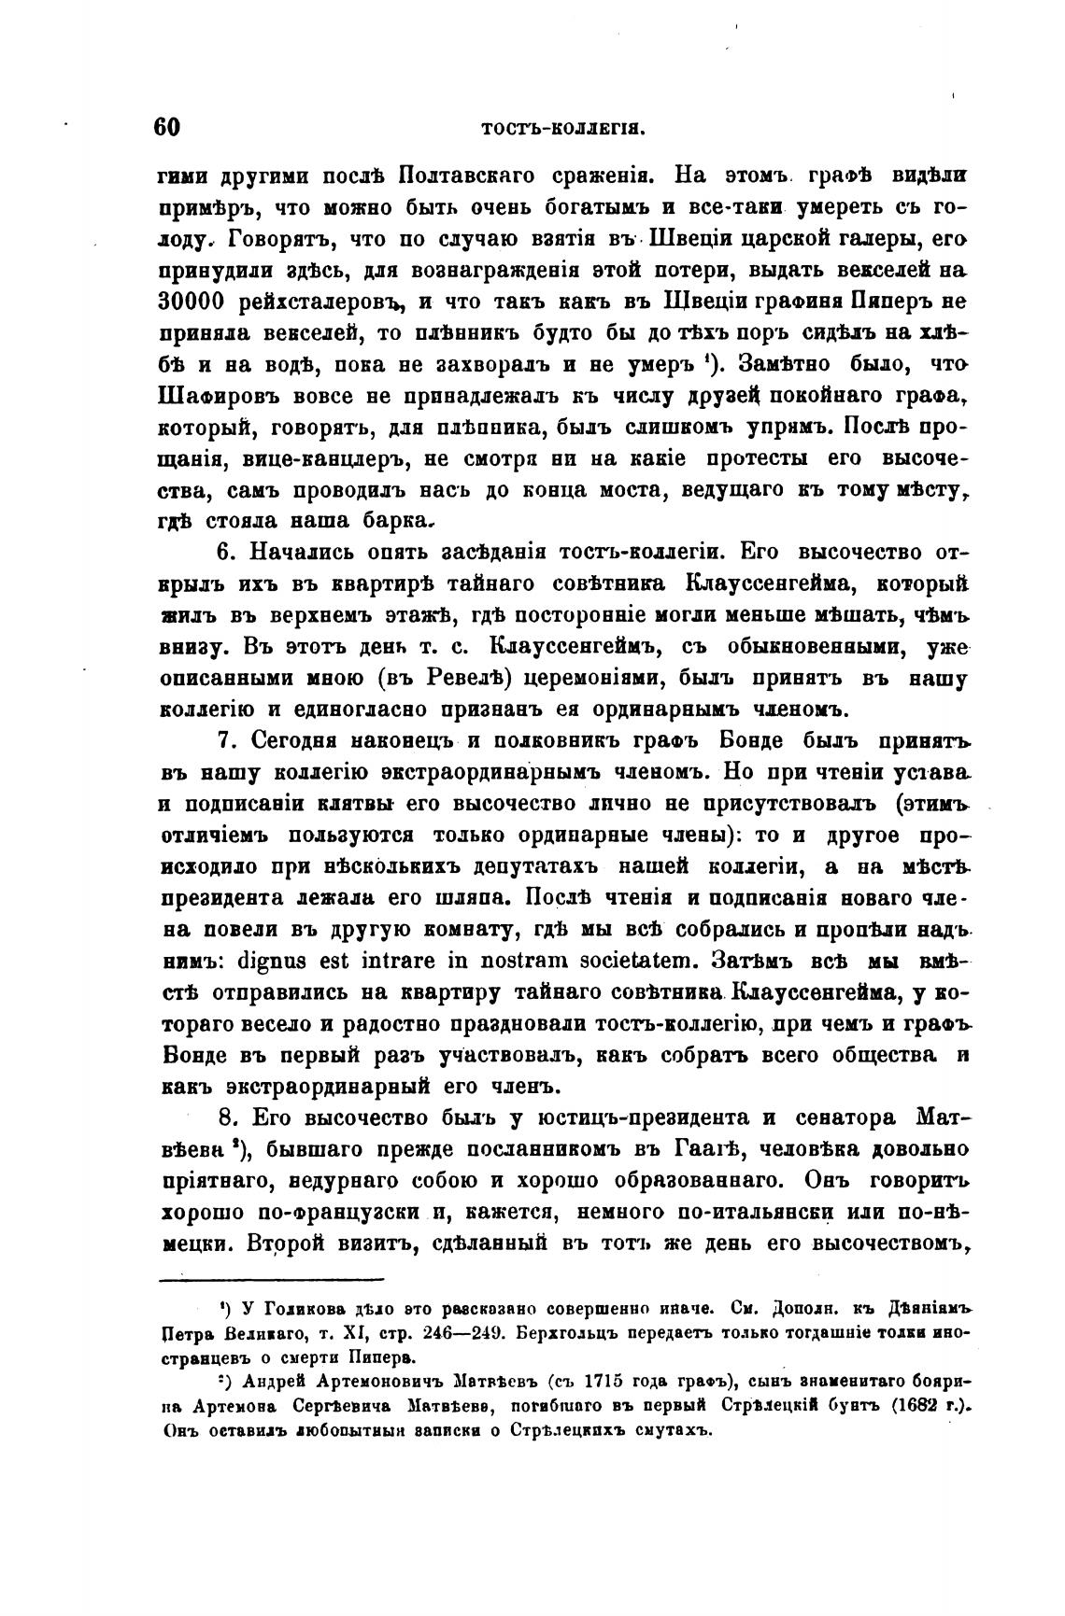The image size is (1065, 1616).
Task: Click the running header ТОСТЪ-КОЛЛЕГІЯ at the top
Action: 564,131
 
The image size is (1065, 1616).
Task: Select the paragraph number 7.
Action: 224,741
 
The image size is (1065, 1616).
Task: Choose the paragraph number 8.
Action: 224,1117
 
